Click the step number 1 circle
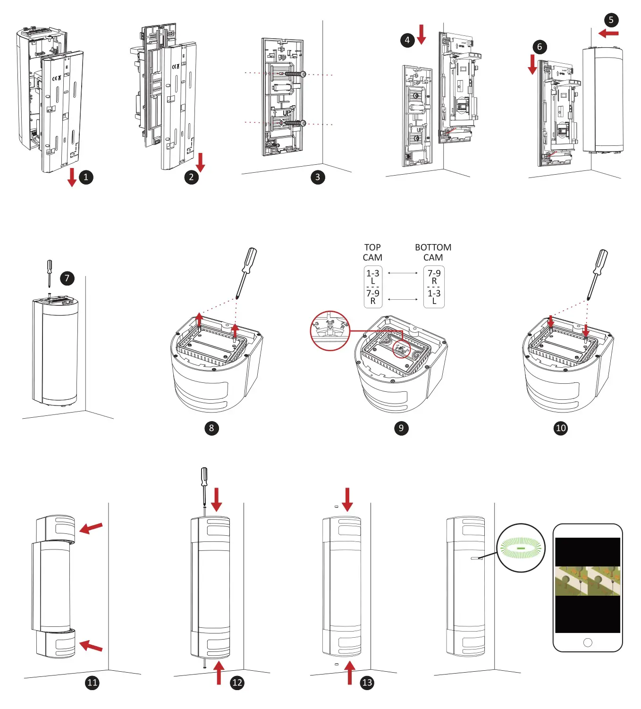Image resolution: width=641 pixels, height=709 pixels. (x=86, y=177)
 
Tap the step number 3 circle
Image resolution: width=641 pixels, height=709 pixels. (x=318, y=177)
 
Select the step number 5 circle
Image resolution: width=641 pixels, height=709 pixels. (x=611, y=20)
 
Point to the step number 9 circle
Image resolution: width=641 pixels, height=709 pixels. (x=401, y=428)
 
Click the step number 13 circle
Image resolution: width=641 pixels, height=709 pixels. (x=367, y=683)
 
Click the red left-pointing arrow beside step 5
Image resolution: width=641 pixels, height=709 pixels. (x=608, y=34)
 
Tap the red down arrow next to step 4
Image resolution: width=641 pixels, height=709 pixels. (x=422, y=34)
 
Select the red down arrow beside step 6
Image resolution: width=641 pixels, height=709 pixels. (x=532, y=64)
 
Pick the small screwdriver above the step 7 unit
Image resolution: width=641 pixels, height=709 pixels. (x=49, y=273)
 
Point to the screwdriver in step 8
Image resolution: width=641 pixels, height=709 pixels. (x=246, y=272)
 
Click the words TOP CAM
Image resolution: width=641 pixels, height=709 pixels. (x=372, y=253)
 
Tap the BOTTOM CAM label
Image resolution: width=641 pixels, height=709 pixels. (x=433, y=253)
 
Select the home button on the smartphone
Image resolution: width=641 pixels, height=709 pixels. (x=588, y=642)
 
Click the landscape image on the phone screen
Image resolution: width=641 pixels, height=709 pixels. (x=588, y=581)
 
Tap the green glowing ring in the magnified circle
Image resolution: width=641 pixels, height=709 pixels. (x=521, y=548)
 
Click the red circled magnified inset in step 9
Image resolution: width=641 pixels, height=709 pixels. (x=330, y=330)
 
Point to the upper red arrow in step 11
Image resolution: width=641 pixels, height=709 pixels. (x=91, y=528)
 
